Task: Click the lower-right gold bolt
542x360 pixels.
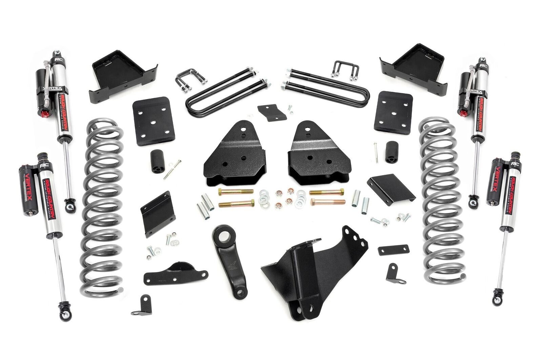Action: click(327, 203)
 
